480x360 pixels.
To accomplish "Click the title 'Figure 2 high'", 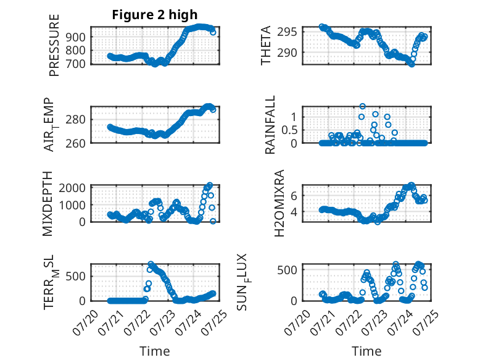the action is coord(155,15).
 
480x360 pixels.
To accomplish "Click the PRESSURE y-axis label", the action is coord(54,45).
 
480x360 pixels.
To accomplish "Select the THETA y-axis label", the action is coord(266,45).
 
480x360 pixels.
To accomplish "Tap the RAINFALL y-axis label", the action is coord(270,125).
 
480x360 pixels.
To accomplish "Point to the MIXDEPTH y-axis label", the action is coord(48,204).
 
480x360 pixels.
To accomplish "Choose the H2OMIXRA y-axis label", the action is coord(279,203).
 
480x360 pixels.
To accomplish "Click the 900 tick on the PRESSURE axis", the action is coord(75,37).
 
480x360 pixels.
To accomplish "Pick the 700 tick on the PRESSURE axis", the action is coord(75,64).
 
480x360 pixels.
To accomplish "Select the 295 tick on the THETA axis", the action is coord(287,31).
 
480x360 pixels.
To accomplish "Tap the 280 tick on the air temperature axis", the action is coord(75,120).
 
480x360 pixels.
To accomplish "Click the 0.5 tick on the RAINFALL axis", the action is coord(289,130).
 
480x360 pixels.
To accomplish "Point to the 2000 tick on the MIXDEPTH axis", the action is coord(72,188).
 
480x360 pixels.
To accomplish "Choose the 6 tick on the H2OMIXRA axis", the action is coord(294,196).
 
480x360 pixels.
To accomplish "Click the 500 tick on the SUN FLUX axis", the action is coord(287,270).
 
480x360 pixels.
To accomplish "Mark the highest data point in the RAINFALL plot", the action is coord(362,106).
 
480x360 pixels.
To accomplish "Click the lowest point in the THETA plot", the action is coord(412,64).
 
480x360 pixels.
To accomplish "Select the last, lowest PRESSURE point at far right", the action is coord(213,33).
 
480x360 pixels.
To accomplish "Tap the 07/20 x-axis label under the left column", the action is coord(85,322).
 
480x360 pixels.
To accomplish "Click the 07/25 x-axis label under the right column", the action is coord(426,322).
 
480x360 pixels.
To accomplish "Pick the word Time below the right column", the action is coord(366,351).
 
